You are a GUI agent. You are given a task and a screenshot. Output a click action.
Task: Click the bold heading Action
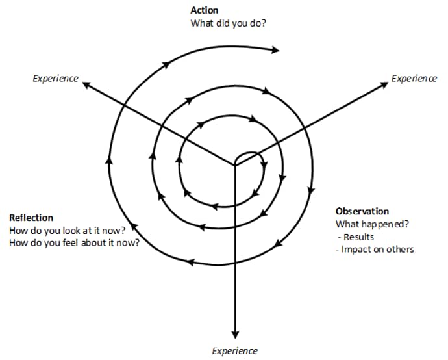(205, 10)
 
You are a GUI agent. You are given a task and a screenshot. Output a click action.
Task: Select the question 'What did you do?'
(228, 23)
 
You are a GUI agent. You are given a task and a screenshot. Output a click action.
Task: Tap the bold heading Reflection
(31, 218)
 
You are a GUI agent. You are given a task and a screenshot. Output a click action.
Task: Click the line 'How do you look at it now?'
(68, 230)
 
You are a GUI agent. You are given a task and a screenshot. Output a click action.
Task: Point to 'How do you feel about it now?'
(75, 243)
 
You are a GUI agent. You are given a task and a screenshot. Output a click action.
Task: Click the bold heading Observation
(362, 211)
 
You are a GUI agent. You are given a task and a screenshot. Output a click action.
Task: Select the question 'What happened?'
(372, 224)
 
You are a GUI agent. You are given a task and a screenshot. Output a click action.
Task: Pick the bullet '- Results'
(356, 237)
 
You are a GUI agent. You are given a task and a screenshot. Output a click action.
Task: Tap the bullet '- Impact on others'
(375, 250)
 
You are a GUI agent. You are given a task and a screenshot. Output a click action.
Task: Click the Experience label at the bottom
(235, 351)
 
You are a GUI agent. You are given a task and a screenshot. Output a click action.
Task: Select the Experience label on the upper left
(55, 79)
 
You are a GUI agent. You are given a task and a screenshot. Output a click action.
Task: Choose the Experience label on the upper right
(414, 79)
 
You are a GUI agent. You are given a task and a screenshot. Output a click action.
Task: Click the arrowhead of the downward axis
(235, 335)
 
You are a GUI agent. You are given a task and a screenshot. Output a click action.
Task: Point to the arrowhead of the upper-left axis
(86, 84)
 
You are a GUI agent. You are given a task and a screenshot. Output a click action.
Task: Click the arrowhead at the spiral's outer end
(275, 50)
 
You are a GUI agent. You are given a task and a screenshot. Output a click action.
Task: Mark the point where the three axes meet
(235, 165)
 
